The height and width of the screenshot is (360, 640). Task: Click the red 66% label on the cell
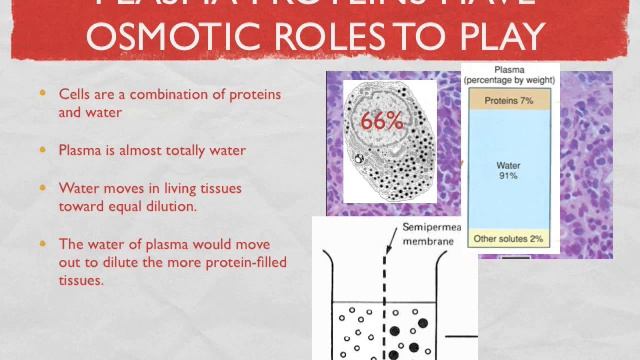point(380,121)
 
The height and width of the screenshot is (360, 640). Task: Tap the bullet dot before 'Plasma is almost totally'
point(42,150)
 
